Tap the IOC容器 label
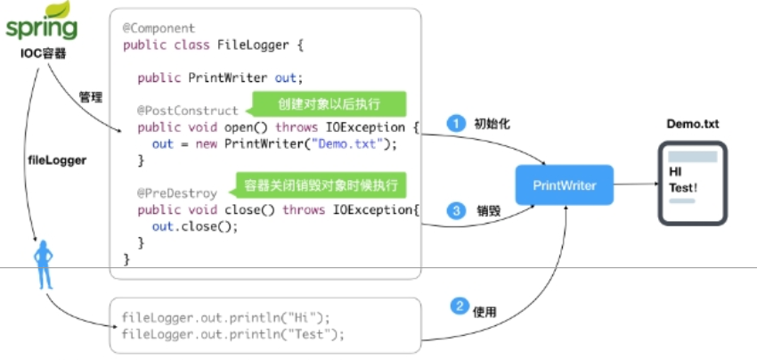click(x=41, y=53)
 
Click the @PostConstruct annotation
click(x=187, y=110)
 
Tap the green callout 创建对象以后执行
click(x=328, y=104)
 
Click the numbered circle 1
click(x=456, y=123)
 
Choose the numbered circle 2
click(x=460, y=307)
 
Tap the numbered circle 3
click(x=456, y=211)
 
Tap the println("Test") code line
click(x=232, y=334)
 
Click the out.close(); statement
click(x=195, y=226)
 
